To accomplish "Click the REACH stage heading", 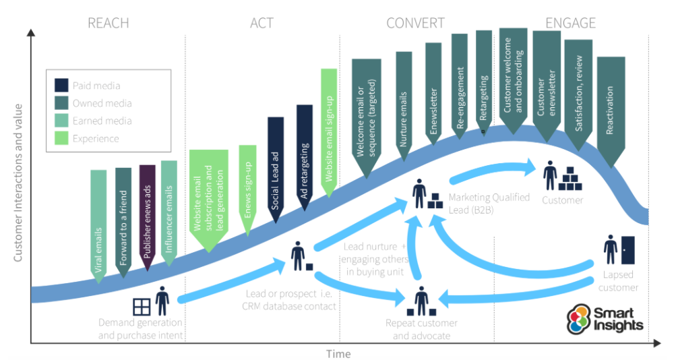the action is [109, 23].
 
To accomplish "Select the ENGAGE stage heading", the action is [570, 23].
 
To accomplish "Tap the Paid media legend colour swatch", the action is [61, 86].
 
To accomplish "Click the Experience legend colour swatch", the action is [61, 138].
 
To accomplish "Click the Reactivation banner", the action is [611, 112].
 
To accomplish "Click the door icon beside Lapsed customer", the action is [627, 250].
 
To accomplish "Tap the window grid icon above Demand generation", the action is [142, 307].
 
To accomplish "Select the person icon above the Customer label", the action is [550, 175].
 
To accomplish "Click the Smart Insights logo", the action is [605, 319].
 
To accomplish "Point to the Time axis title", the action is [338, 354].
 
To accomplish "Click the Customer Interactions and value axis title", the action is [18, 183].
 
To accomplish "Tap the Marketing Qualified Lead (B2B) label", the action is [489, 204].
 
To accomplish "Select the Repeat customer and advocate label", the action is [422, 330].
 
